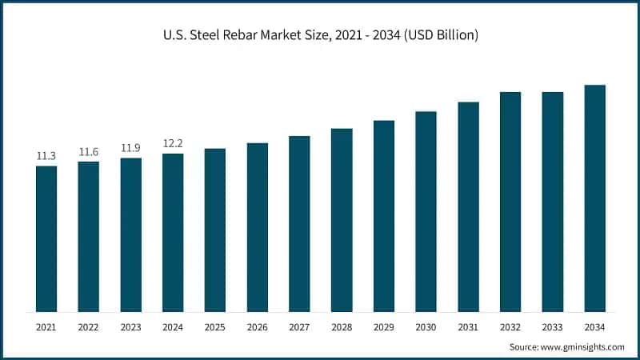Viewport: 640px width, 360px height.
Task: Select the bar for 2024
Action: [x=173, y=232]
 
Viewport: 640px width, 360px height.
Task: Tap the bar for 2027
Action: [x=299, y=223]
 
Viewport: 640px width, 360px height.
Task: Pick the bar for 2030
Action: [x=426, y=211]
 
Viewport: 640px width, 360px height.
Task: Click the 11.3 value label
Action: [x=46, y=156]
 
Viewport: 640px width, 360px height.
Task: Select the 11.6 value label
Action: [x=89, y=152]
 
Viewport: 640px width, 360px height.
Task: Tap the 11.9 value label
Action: [x=131, y=148]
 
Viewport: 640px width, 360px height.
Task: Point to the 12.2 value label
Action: [x=173, y=143]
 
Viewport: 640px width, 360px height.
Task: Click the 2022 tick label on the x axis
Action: [x=89, y=327]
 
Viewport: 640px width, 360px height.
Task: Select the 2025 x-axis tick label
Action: [x=215, y=327]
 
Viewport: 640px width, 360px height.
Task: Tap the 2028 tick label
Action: [x=342, y=327]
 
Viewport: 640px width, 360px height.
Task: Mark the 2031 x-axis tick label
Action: [x=468, y=327]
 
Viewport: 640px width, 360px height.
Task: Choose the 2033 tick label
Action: [x=552, y=327]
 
